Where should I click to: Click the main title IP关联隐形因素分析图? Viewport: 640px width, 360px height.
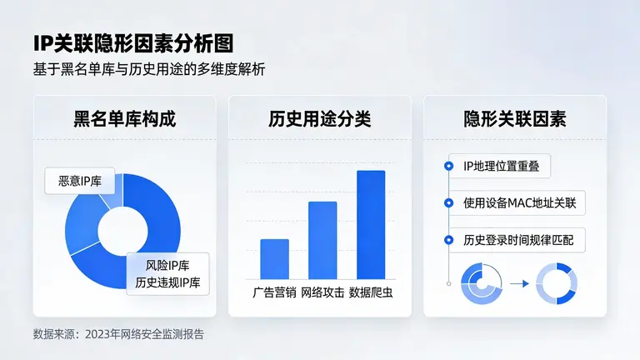133,42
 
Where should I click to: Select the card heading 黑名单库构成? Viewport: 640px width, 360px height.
124,117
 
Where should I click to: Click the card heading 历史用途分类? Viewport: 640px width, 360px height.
319,117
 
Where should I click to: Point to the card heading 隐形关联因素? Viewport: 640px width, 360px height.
514,117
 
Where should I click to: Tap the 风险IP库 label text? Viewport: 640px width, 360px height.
168,265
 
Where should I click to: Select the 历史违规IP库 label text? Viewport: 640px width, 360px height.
168,282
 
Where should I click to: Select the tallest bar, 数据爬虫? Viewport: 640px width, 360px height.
371,224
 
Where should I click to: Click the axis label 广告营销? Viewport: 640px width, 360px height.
274,292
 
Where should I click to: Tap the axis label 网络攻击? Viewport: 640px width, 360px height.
322,292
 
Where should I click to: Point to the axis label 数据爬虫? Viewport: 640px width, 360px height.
371,292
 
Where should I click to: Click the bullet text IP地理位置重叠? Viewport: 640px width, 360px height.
502,167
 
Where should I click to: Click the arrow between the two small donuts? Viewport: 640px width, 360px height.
519,283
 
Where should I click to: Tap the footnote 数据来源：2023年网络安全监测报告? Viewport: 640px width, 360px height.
118,334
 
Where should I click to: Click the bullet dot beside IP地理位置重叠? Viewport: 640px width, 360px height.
448,167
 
